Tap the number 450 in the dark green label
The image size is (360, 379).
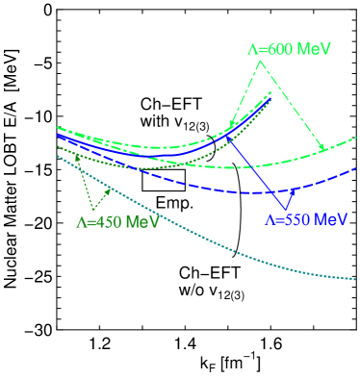[x=112, y=221]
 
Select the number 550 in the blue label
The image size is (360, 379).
[x=299, y=219]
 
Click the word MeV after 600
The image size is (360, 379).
[x=314, y=48]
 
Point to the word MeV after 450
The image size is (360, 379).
[x=142, y=221]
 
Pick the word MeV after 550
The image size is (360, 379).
[x=329, y=219]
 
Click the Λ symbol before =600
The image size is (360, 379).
[x=252, y=48]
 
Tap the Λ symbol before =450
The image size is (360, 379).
[x=81, y=221]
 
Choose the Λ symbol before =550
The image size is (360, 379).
[x=270, y=219]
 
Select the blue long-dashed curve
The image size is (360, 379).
[x=241, y=189]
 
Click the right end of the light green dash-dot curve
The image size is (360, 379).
[x=354, y=138]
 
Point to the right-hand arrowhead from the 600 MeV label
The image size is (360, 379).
[x=323, y=148]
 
